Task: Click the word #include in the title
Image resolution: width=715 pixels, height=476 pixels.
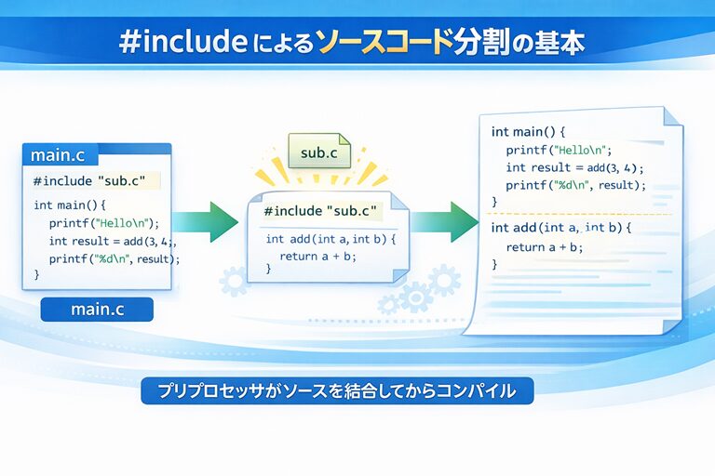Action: point(183,43)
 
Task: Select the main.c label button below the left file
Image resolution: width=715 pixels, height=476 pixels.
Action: point(97,309)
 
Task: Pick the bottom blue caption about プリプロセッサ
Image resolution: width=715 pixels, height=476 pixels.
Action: point(337,390)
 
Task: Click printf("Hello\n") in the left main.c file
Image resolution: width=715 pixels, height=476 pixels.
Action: point(104,222)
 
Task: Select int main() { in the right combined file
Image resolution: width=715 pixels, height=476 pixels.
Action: point(528,132)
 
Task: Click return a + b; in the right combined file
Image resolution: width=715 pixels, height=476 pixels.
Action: point(545,246)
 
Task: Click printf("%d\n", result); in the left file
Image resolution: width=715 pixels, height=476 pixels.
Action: point(114,258)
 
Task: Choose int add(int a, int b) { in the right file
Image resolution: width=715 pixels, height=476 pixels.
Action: point(561,228)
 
